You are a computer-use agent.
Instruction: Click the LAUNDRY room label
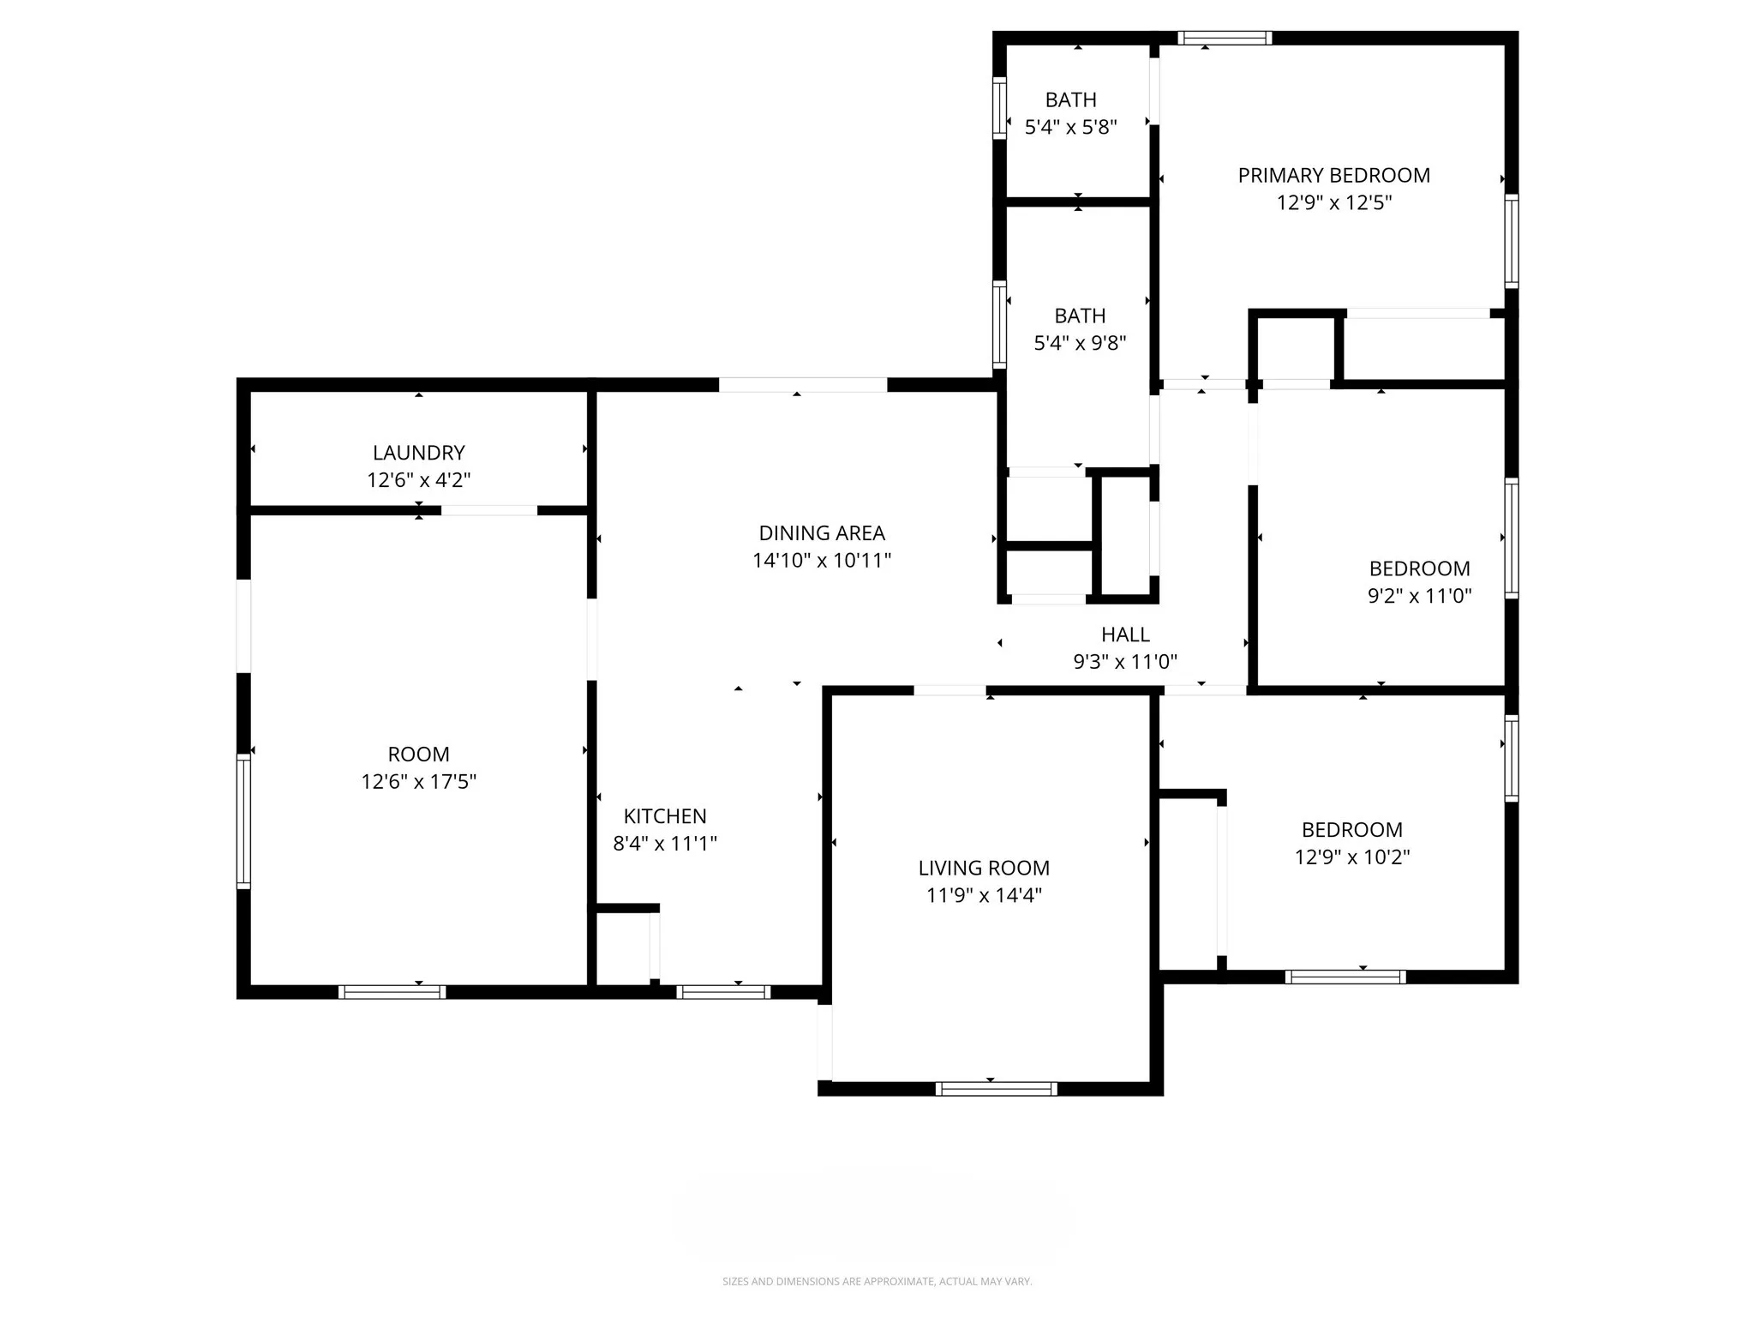(x=418, y=453)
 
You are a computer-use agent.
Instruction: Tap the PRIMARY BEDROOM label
(x=1333, y=176)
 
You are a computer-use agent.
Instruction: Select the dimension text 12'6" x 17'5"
(x=418, y=782)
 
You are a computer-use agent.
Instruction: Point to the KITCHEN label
(x=665, y=816)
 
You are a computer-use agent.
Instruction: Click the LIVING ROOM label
(x=984, y=869)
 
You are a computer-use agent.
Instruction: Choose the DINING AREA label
(x=822, y=533)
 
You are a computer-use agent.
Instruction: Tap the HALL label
(x=1125, y=634)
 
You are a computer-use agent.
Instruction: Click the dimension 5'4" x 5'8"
(x=1071, y=128)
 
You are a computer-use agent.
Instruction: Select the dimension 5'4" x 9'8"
(x=1080, y=343)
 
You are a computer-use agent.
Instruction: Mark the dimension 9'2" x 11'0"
(x=1419, y=596)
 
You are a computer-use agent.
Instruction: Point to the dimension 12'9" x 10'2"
(x=1351, y=857)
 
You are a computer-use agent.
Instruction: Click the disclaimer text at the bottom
(x=877, y=1282)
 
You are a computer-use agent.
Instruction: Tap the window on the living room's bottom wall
(x=996, y=1089)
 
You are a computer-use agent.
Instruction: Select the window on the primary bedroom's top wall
(x=1224, y=38)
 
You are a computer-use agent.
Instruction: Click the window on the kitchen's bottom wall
(x=723, y=992)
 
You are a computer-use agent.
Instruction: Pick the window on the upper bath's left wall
(x=999, y=108)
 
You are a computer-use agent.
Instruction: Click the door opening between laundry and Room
(x=489, y=511)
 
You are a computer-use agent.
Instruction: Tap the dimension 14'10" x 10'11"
(x=822, y=561)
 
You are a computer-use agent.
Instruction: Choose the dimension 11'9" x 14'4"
(x=984, y=896)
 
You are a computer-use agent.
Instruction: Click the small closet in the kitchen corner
(x=623, y=947)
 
